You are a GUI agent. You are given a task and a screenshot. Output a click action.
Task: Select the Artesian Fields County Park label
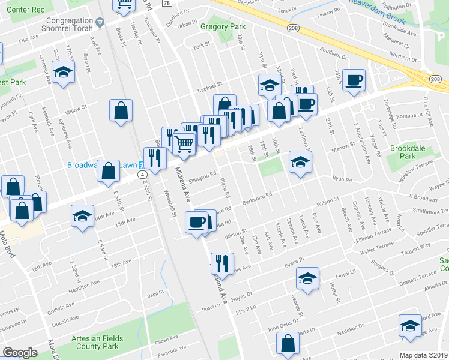pos(97,343)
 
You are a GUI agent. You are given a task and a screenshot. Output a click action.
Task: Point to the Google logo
pos(20,353)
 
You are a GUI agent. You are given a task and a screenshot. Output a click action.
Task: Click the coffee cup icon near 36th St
pos(354,80)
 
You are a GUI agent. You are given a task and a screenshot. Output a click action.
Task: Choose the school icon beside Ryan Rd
pos(300,161)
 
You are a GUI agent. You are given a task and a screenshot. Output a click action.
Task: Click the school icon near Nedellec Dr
pos(409,326)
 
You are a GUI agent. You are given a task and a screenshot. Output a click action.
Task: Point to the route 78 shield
pos(167,3)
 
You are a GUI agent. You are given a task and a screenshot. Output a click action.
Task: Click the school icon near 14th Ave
pos(82,216)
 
